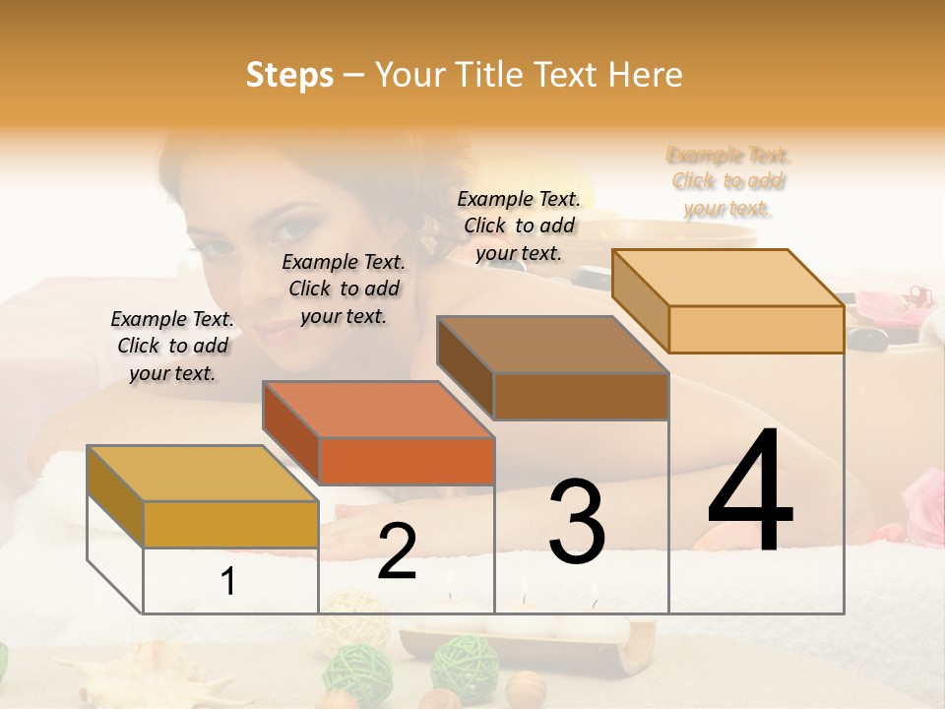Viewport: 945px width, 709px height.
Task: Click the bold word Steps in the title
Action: (x=289, y=75)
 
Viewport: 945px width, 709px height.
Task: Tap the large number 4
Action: (x=750, y=492)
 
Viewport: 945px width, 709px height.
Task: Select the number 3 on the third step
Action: (x=577, y=521)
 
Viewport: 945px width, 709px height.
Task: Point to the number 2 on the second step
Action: (x=397, y=551)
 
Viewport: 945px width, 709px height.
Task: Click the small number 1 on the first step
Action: (x=228, y=582)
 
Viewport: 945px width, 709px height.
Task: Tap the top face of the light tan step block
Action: (x=728, y=278)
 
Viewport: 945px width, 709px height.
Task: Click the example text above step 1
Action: (x=172, y=346)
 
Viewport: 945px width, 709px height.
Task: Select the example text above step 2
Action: (x=344, y=289)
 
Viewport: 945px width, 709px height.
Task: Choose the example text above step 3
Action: (x=519, y=226)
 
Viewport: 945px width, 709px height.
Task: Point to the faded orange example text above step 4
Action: (x=728, y=181)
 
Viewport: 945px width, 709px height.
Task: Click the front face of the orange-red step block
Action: (x=407, y=461)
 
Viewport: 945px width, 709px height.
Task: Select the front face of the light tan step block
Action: (x=756, y=329)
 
